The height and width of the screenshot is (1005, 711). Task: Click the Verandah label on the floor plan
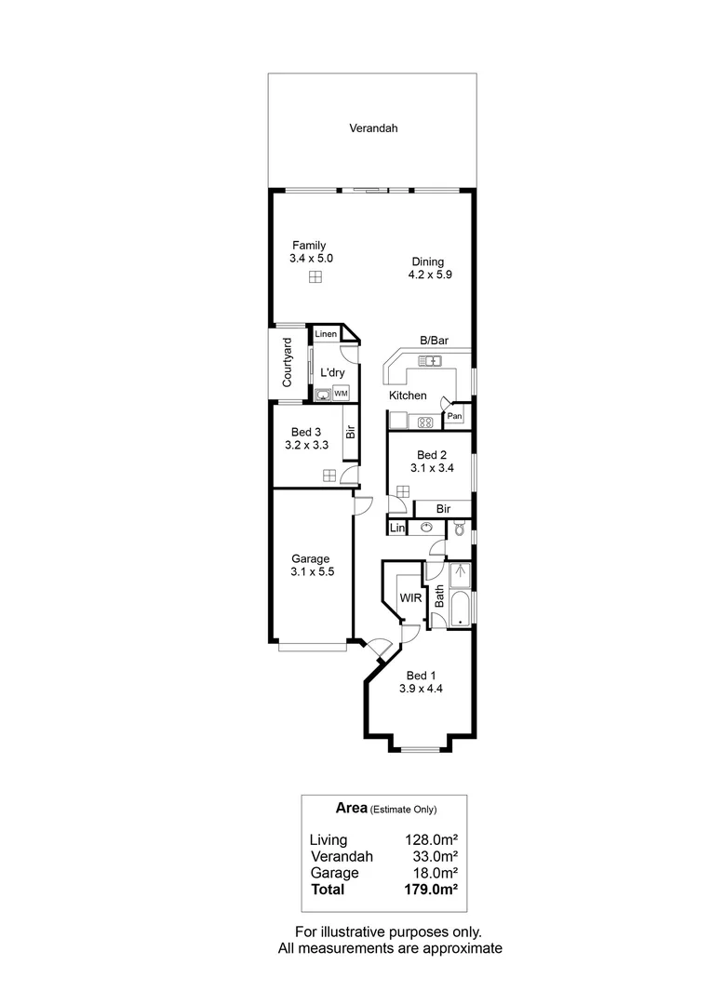(x=373, y=128)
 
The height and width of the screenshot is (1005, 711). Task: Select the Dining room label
(x=428, y=261)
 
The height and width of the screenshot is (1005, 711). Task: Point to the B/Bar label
(x=434, y=341)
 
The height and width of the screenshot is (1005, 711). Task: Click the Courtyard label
(x=288, y=363)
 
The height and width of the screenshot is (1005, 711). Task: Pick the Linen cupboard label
(x=326, y=334)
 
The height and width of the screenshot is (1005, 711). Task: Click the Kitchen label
(x=408, y=395)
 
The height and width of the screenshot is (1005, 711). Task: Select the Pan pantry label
(x=454, y=416)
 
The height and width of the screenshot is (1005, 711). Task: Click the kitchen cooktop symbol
(x=425, y=422)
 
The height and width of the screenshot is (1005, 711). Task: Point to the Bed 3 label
(x=306, y=432)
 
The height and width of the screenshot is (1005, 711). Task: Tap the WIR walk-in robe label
(x=409, y=597)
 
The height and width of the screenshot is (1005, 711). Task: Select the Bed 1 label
(x=421, y=676)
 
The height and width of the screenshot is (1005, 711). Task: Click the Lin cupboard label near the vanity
(x=396, y=529)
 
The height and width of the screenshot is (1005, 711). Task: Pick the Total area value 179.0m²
(x=430, y=890)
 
